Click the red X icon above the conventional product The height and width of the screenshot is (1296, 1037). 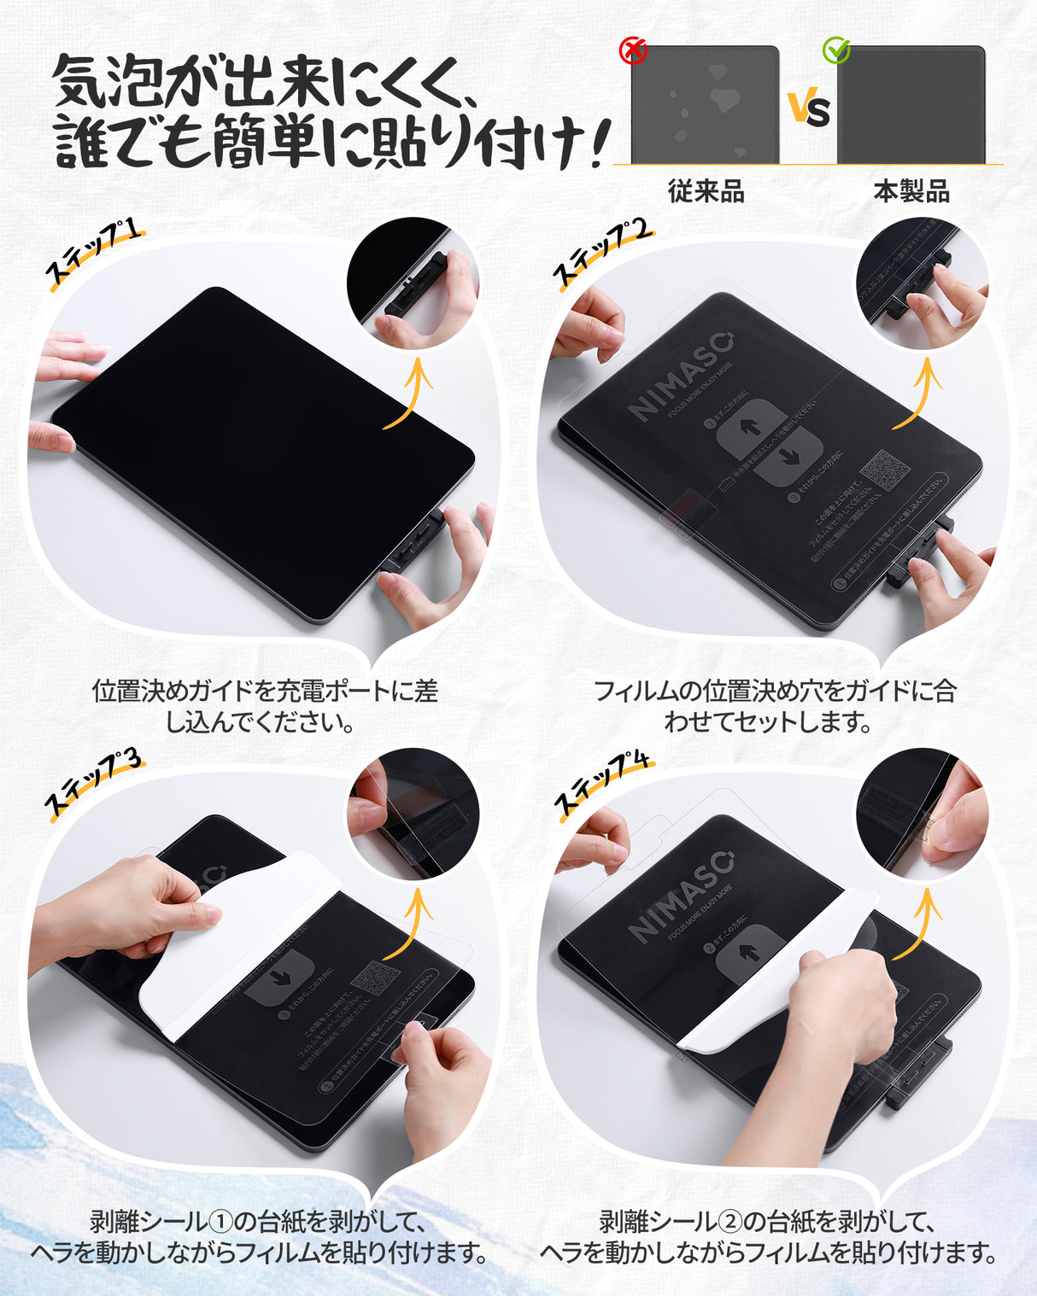(x=633, y=51)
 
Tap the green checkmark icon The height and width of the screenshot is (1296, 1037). (x=836, y=51)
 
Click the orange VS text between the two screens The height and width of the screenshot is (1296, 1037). (x=808, y=108)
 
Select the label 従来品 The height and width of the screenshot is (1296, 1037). (x=706, y=191)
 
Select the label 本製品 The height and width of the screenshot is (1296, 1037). (x=911, y=191)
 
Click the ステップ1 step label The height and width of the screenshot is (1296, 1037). (x=93, y=253)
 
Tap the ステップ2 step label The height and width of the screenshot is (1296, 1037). (x=602, y=253)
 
